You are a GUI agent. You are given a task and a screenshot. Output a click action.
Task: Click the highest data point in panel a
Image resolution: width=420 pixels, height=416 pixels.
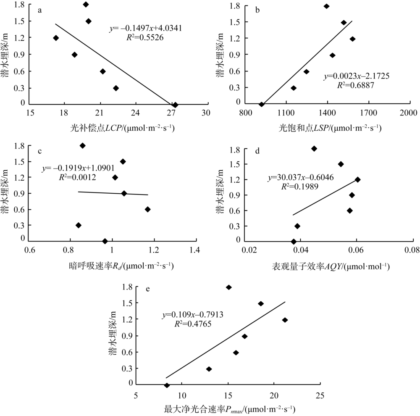(x=86, y=5)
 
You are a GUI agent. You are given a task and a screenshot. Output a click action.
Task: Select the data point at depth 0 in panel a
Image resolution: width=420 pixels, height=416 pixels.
(x=175, y=105)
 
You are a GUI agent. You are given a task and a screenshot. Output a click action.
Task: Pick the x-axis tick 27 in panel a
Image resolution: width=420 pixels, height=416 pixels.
(x=171, y=113)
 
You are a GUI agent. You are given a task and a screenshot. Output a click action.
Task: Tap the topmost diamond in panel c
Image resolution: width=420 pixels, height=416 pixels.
(x=83, y=146)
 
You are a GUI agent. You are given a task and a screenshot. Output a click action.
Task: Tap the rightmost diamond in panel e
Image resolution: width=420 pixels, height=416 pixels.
(x=285, y=320)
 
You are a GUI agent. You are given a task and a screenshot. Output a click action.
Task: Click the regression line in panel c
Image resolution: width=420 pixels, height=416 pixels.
(x=113, y=193)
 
